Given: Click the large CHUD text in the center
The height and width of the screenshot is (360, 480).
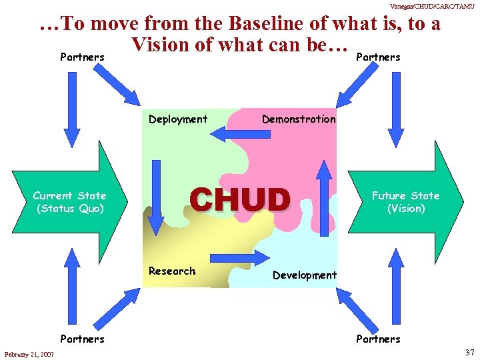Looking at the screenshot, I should click(x=240, y=199).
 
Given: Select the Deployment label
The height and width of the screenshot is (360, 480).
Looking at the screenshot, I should click(x=178, y=119).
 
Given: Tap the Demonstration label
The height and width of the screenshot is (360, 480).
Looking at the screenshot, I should click(x=299, y=119).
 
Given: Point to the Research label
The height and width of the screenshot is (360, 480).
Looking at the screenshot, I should click(x=172, y=271).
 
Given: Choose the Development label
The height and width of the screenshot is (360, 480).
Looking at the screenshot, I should click(x=305, y=275).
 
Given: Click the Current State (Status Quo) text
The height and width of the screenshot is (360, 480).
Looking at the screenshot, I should click(x=70, y=202).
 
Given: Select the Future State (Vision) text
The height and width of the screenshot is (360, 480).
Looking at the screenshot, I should click(x=405, y=202).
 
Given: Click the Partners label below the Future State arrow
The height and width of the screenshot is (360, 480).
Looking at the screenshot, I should click(x=378, y=339).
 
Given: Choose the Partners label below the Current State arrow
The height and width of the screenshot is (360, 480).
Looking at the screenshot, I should click(x=82, y=339).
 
